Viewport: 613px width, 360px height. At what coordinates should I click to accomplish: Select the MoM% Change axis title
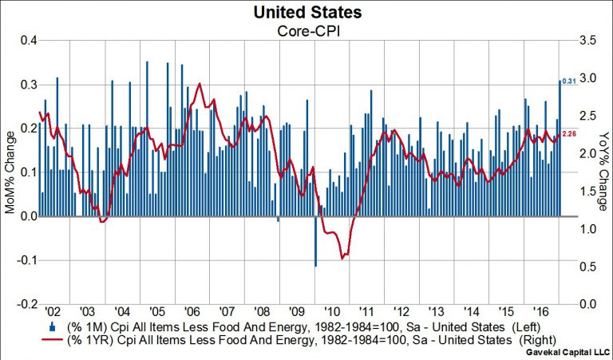click(9, 171)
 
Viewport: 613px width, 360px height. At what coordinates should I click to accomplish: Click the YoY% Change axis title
click(604, 171)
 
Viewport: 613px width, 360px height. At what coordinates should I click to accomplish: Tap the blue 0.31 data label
click(570, 81)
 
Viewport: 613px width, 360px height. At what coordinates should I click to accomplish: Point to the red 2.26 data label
click(570, 133)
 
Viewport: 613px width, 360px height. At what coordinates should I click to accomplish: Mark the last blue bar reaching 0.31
click(560, 148)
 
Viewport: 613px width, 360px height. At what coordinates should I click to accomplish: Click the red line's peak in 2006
click(199, 84)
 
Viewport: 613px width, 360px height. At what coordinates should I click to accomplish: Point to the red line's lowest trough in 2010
click(342, 258)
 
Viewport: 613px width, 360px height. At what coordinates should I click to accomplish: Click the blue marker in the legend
click(52, 327)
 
